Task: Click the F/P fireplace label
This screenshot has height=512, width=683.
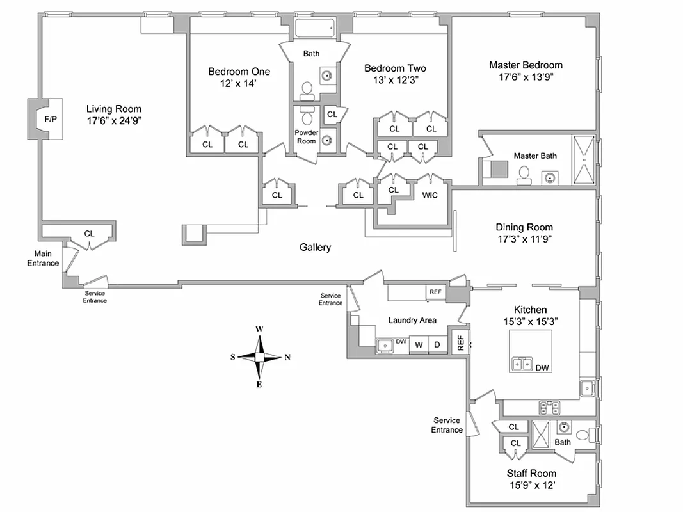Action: click(x=50, y=119)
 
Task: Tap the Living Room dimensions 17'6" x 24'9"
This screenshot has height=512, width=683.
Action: click(x=114, y=120)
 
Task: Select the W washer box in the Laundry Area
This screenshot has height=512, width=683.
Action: click(x=419, y=345)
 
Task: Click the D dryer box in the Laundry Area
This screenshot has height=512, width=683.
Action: click(x=437, y=345)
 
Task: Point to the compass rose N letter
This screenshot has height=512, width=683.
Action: click(x=287, y=357)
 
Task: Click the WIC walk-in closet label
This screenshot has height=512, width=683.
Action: click(x=430, y=195)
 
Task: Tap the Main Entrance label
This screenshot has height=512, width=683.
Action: click(x=42, y=259)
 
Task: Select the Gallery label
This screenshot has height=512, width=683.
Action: click(x=315, y=247)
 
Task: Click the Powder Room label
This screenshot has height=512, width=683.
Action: click(x=306, y=137)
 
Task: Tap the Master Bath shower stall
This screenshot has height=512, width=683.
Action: click(x=583, y=160)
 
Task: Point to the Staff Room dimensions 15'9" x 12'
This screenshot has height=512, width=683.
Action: click(x=531, y=485)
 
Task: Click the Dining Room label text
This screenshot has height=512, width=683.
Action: click(x=524, y=227)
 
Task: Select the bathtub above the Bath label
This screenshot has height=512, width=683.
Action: click(x=314, y=29)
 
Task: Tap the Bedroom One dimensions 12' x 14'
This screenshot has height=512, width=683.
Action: click(x=239, y=83)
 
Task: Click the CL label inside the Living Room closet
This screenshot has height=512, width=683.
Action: click(x=89, y=234)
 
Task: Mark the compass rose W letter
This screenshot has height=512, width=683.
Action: click(x=259, y=329)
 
